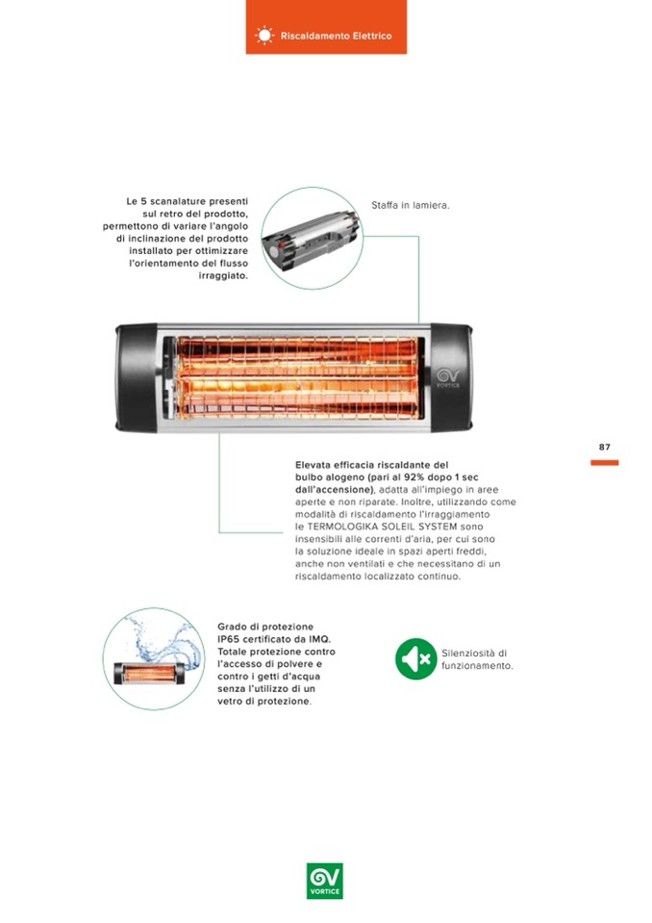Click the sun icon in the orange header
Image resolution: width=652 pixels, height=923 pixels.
(264, 36)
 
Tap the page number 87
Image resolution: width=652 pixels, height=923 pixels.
(604, 447)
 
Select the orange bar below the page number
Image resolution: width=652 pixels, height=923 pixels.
(604, 463)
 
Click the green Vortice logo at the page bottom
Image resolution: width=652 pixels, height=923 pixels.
(324, 881)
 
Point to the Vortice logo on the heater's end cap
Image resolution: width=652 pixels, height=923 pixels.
(447, 377)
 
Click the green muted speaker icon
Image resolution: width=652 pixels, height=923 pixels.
(415, 658)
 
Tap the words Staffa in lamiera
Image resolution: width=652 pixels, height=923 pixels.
(411, 205)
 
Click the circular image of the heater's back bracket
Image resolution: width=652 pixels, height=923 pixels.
(313, 238)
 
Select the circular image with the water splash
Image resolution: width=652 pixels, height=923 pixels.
(154, 658)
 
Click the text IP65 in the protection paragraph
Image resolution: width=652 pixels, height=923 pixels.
(230, 639)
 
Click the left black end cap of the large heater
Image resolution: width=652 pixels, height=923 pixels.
(136, 378)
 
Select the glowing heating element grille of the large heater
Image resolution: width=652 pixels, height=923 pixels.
(298, 377)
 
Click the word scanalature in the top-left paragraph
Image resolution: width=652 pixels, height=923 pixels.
(178, 201)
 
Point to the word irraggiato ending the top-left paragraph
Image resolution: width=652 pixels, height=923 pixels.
(223, 276)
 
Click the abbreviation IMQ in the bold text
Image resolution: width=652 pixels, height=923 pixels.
(320, 639)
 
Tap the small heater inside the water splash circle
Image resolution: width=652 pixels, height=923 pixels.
(149, 674)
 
